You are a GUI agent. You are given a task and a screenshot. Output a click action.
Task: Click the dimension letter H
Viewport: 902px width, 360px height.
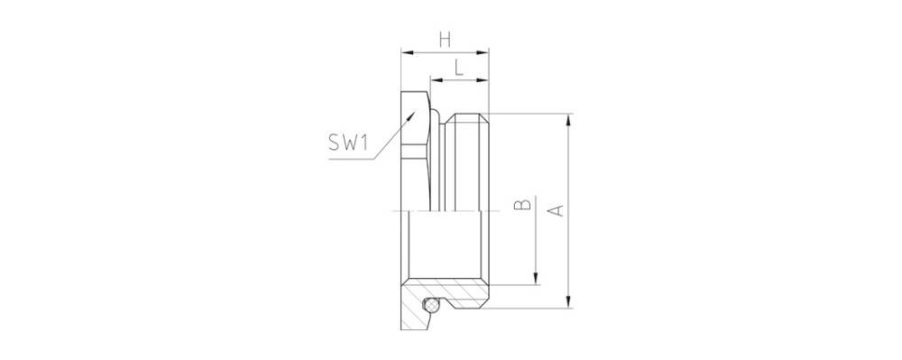tap(444, 39)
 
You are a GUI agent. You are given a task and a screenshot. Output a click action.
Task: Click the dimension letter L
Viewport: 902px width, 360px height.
tap(459, 66)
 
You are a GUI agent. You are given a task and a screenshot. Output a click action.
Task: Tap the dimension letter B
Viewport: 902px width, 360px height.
tap(521, 206)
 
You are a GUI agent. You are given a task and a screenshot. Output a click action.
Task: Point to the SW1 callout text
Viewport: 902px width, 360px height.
tap(350, 142)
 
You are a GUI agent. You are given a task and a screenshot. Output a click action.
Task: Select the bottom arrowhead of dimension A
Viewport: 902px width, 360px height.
tap(568, 305)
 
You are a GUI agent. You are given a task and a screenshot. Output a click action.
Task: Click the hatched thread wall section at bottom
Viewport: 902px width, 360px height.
tap(465, 295)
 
